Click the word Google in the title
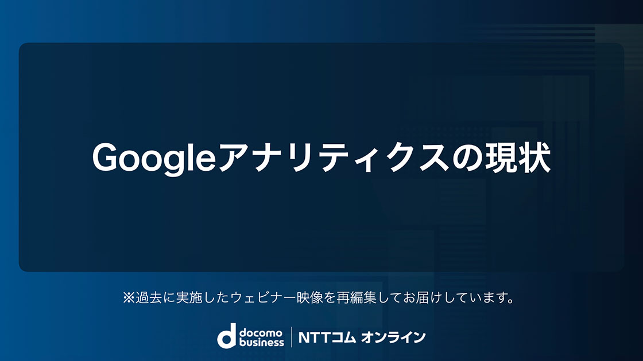tap(154, 159)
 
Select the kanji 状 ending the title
tap(534, 158)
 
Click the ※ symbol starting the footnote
tap(129, 297)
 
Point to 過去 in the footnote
tap(149, 297)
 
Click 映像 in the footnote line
tap(309, 297)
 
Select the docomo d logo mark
tap(227, 336)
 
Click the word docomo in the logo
tap(261, 332)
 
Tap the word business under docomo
tap(261, 342)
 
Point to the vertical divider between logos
tap(292, 337)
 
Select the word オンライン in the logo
tap(393, 338)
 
